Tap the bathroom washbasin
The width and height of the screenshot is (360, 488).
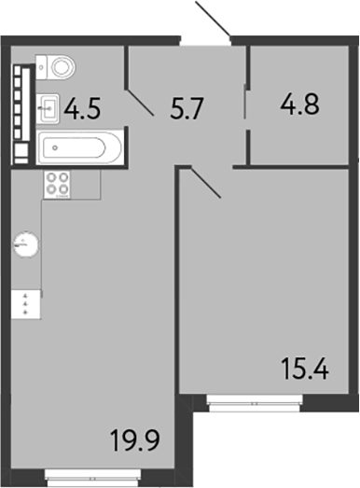pyautogui.click(x=50, y=107)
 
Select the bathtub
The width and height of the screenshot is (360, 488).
pyautogui.click(x=79, y=146)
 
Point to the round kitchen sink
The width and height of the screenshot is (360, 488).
pyautogui.click(x=26, y=244)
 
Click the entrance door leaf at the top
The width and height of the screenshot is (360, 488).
pyautogui.click(x=214, y=19)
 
